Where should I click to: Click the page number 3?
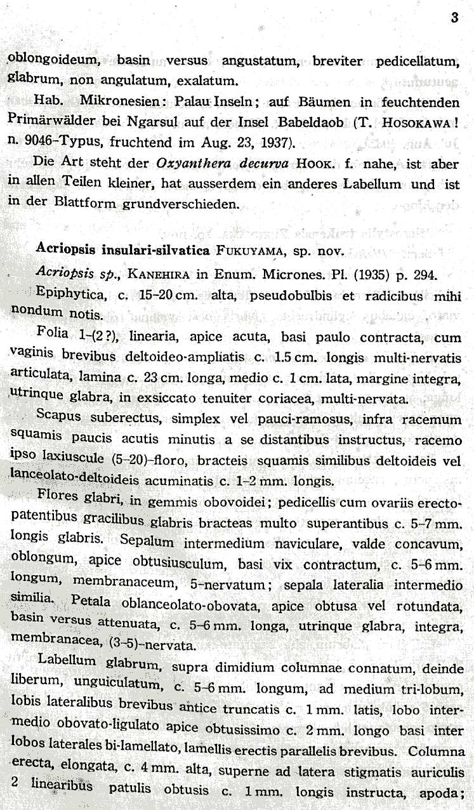(x=454, y=18)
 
